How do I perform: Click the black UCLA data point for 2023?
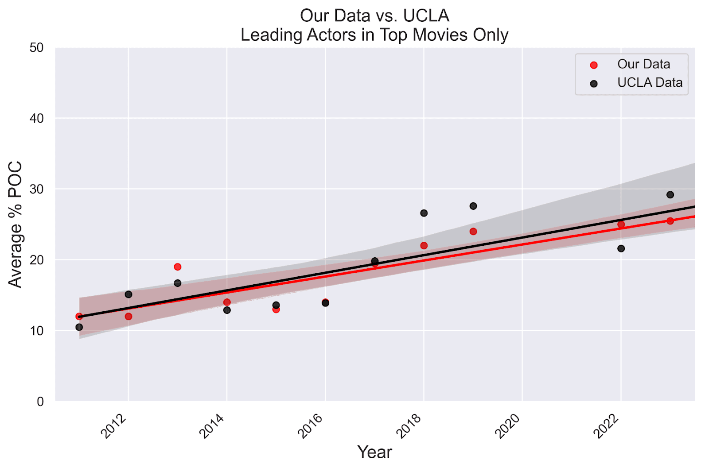click(x=670, y=195)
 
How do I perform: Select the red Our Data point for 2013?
click(x=178, y=267)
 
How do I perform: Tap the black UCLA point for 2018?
click(x=424, y=213)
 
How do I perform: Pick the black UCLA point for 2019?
click(x=473, y=206)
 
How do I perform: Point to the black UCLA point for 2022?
click(x=621, y=248)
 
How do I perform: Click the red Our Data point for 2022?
click(x=621, y=224)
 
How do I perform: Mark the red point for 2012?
click(x=129, y=317)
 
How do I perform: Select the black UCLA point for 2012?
click(x=129, y=294)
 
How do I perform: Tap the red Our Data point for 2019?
click(x=473, y=232)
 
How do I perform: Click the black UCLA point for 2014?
click(x=227, y=310)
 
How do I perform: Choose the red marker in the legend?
click(x=594, y=65)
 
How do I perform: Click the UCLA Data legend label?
click(x=650, y=83)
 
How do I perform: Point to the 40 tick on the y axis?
click(x=37, y=119)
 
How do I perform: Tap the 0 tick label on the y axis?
click(x=40, y=402)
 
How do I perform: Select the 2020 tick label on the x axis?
click(x=507, y=426)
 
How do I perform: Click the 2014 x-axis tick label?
click(x=212, y=426)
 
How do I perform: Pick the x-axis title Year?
click(x=374, y=452)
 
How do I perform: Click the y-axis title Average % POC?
click(x=16, y=224)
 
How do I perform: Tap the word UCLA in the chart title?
click(x=426, y=16)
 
